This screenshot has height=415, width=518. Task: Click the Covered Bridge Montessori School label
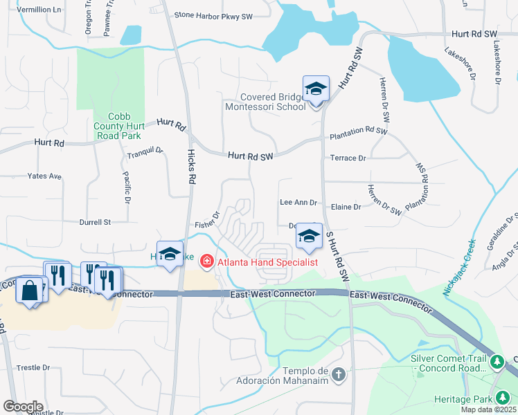[x=265, y=102]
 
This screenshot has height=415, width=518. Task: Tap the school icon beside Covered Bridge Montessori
[x=316, y=89]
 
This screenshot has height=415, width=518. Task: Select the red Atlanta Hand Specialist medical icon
[x=206, y=261]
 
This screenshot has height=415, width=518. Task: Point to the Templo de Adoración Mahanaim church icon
[x=338, y=374]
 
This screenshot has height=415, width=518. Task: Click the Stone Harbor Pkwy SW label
[x=213, y=15]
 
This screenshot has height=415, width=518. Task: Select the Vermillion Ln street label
[x=39, y=10]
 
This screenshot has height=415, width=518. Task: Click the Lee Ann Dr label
[x=298, y=203]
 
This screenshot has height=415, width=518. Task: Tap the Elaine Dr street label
[x=347, y=207]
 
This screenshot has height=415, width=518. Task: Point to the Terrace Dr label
[x=348, y=158]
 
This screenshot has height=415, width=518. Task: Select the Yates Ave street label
[x=44, y=176]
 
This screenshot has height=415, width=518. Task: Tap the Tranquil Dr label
[x=145, y=150]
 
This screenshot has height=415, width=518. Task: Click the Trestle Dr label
[x=33, y=367]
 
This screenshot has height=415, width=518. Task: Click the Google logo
[x=23, y=407]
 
